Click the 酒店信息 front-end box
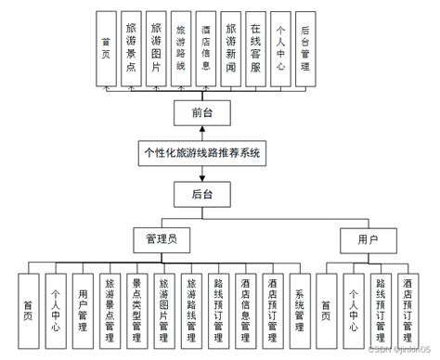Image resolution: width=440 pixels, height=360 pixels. click(206, 48)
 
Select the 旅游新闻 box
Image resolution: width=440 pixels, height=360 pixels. click(231, 48)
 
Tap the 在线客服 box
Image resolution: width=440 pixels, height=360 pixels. click(256, 48)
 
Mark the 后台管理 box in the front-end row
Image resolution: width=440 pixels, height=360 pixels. click(305, 48)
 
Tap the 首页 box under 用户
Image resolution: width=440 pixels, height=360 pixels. click(326, 304)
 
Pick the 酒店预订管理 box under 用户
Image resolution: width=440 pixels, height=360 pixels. click(407, 304)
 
